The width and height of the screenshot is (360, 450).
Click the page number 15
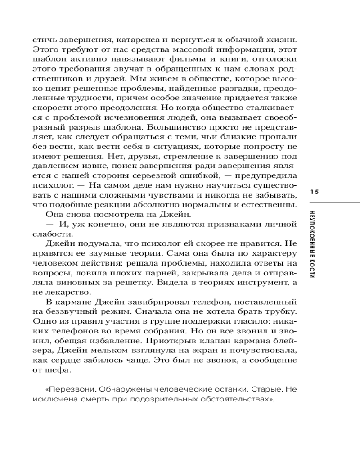tap(314, 192)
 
